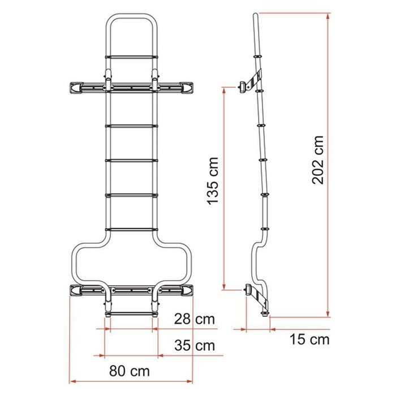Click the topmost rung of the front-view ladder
(131, 57)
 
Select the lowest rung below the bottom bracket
(131, 310)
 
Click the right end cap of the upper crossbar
(187, 87)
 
